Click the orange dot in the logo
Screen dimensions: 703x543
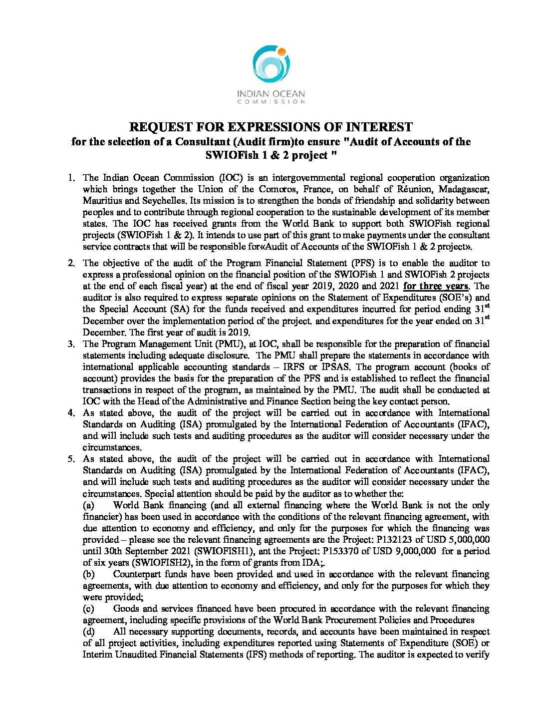[281, 51]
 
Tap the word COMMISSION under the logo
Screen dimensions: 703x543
[271, 102]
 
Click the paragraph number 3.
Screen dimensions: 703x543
[72, 344]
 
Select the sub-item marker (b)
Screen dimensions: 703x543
[88, 574]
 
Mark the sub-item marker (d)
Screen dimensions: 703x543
[88, 632]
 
